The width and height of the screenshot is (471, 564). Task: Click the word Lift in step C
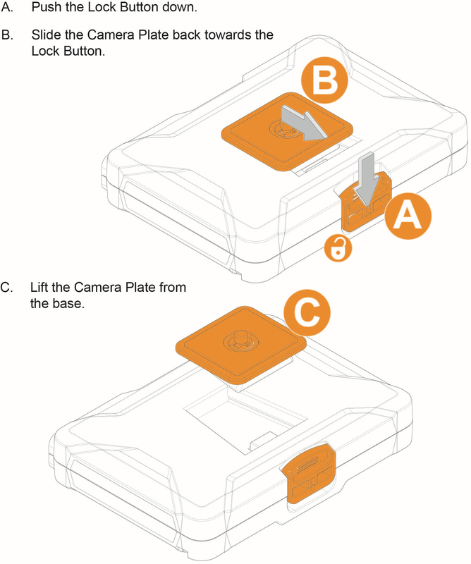(x=40, y=288)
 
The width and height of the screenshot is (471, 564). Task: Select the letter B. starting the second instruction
(x=6, y=35)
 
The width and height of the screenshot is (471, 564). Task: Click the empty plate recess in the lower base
(x=240, y=423)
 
